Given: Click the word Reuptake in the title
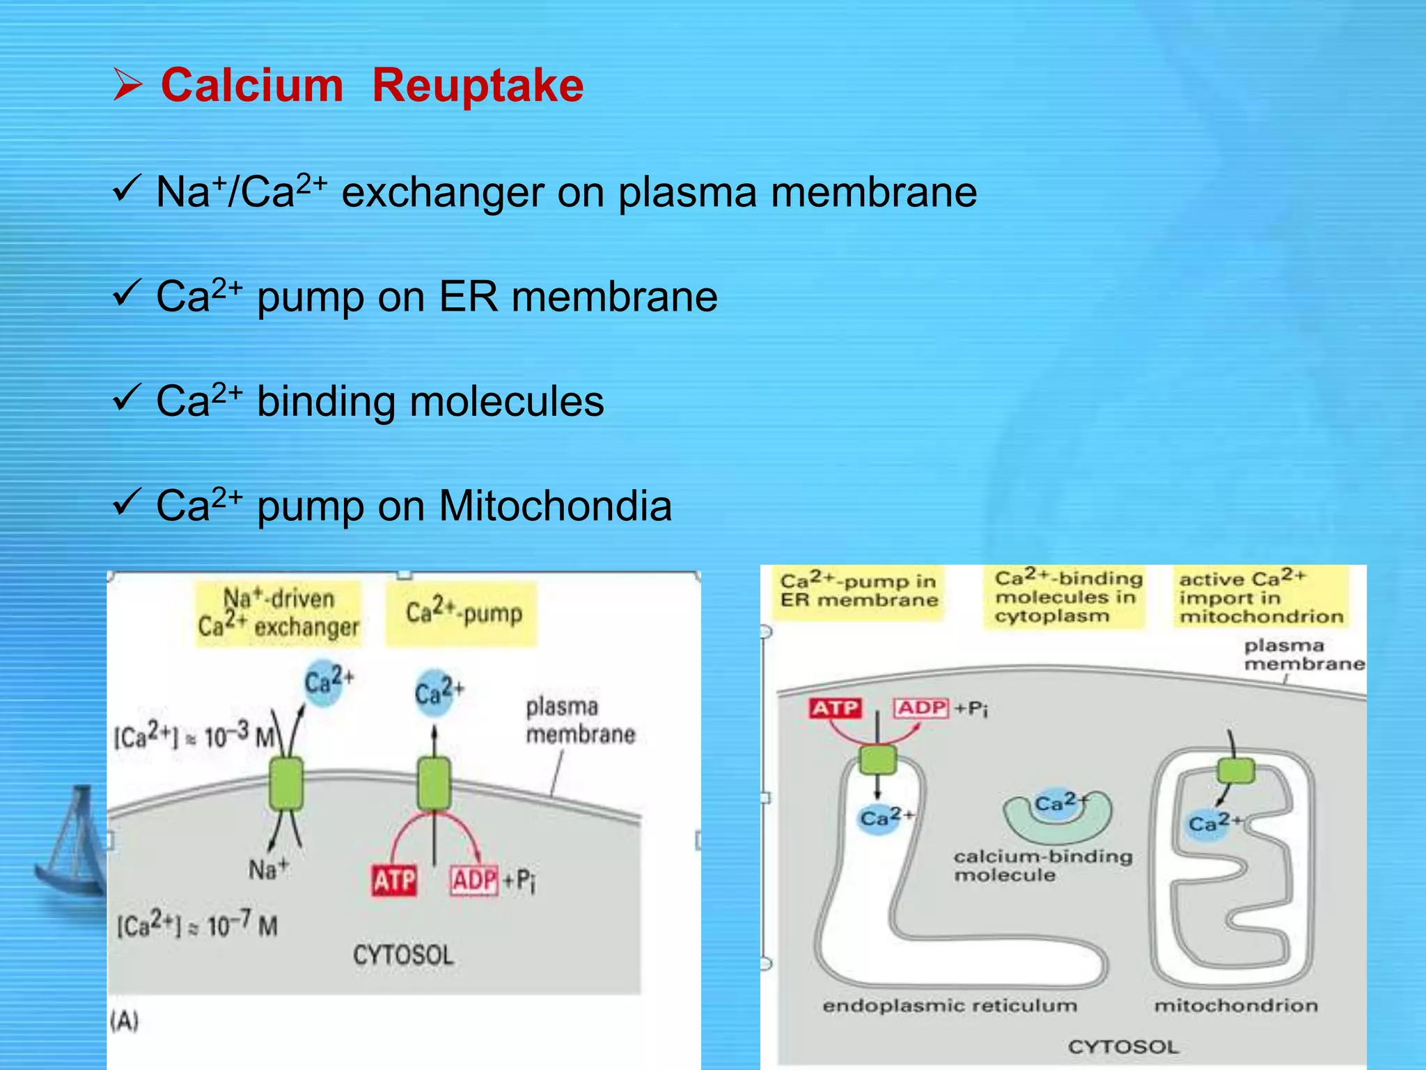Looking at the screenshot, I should coord(478,86).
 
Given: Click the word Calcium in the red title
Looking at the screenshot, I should coord(252,86).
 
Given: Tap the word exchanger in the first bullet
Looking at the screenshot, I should coord(442,192).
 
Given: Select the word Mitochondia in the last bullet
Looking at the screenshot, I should coord(555,506).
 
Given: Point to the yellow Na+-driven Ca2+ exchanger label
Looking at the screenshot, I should coord(279,613).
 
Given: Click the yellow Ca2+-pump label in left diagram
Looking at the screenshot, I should coord(463,613).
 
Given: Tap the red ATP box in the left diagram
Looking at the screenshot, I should coord(393,881).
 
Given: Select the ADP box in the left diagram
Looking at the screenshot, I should coord(475,881).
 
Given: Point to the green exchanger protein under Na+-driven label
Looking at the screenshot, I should coord(285,784).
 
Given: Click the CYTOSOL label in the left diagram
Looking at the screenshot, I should coord(403,954).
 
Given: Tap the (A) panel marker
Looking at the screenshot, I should coord(125,1021).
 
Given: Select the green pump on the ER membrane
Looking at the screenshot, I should coord(877,760).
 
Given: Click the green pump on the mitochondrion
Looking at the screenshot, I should coord(1236,771).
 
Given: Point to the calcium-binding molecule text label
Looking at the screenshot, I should coord(1042,865).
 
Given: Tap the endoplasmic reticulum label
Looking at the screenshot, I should coord(950,1005).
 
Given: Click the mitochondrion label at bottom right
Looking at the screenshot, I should coord(1236,1005).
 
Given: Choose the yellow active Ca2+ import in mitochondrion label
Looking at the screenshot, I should coord(1260,597).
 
